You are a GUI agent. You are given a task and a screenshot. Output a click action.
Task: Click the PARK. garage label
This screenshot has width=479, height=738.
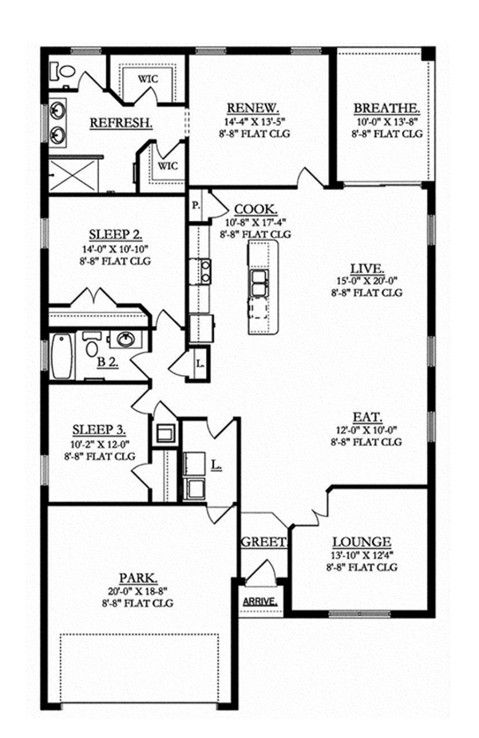click(137, 576)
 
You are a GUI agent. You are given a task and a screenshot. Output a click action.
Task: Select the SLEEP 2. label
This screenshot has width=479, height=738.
click(116, 235)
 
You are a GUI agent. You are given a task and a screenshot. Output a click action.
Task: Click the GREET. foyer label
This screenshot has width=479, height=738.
click(263, 542)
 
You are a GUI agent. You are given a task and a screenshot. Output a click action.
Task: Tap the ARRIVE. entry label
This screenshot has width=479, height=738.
click(259, 601)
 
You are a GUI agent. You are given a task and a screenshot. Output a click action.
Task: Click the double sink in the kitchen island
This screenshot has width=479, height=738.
click(260, 282)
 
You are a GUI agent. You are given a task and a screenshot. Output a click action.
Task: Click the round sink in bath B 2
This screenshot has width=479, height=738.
click(126, 339)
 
